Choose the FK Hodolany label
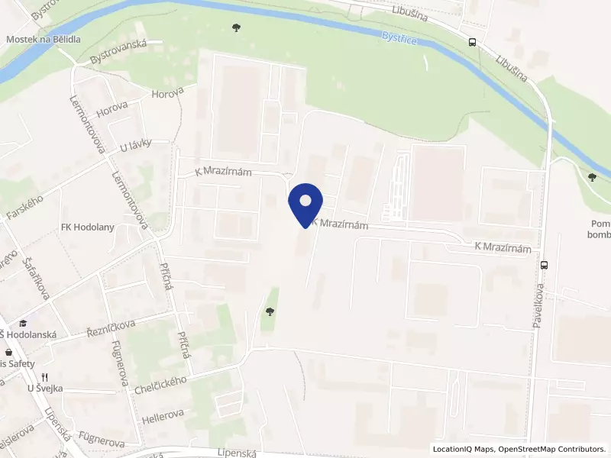88,228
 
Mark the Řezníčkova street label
111,329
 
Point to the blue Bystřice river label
399,38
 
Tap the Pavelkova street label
538,306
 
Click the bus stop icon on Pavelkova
544,266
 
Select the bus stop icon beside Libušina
474,43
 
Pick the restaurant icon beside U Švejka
46,376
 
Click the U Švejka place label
45,389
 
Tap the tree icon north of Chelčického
269,311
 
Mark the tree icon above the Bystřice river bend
236,28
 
